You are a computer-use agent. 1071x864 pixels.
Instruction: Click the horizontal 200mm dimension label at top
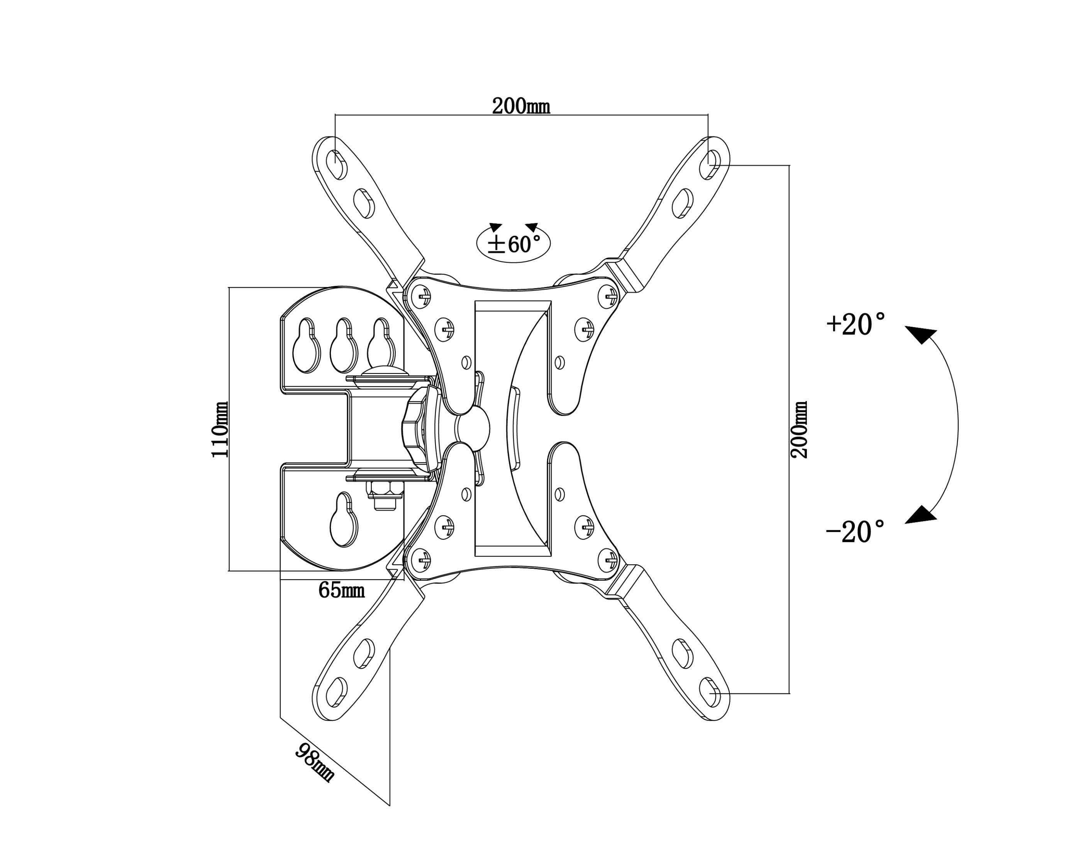point(521,106)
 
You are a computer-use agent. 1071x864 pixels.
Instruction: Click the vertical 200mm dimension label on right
point(799,429)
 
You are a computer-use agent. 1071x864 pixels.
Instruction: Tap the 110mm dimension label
point(220,429)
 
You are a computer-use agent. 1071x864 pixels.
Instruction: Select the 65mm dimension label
point(342,590)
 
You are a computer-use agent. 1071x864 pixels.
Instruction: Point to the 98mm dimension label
point(315,763)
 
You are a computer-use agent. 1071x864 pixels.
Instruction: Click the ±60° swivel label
point(513,244)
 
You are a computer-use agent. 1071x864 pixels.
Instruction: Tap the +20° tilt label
point(856,324)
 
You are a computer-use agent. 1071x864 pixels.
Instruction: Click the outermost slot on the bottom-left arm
point(337,692)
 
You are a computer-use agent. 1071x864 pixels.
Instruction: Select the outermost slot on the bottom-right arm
point(710,692)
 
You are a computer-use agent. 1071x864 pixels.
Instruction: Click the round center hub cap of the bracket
point(473,426)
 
